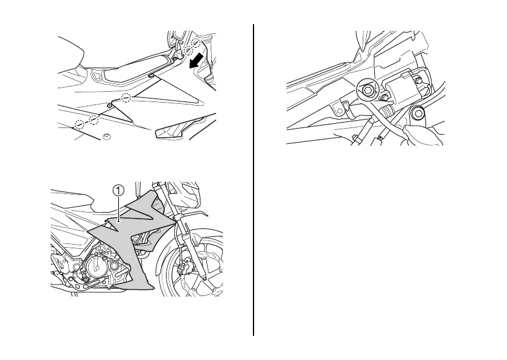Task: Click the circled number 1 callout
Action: (x=118, y=189)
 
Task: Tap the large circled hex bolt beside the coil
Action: (x=366, y=90)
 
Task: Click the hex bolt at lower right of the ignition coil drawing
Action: (x=416, y=114)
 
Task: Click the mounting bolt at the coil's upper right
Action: (x=415, y=79)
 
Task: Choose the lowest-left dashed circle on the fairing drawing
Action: (x=80, y=124)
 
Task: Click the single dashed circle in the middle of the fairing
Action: (x=126, y=98)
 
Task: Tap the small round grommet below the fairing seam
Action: (x=107, y=137)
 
